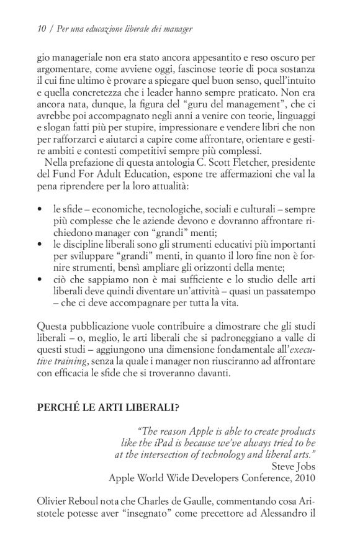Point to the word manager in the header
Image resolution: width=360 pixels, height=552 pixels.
click(x=176, y=29)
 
